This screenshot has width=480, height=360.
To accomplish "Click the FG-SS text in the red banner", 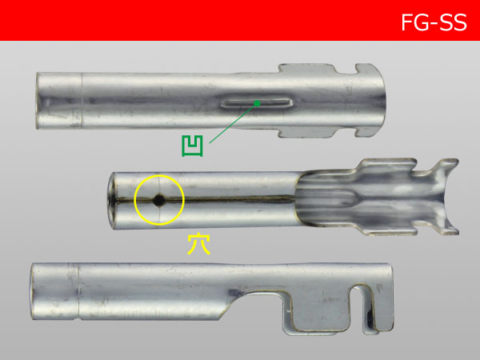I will point(434,22).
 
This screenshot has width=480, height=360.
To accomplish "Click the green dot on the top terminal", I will point(257,102).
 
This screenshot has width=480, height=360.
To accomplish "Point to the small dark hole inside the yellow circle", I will point(158,200).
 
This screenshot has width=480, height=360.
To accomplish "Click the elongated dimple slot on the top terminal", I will point(256,103).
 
